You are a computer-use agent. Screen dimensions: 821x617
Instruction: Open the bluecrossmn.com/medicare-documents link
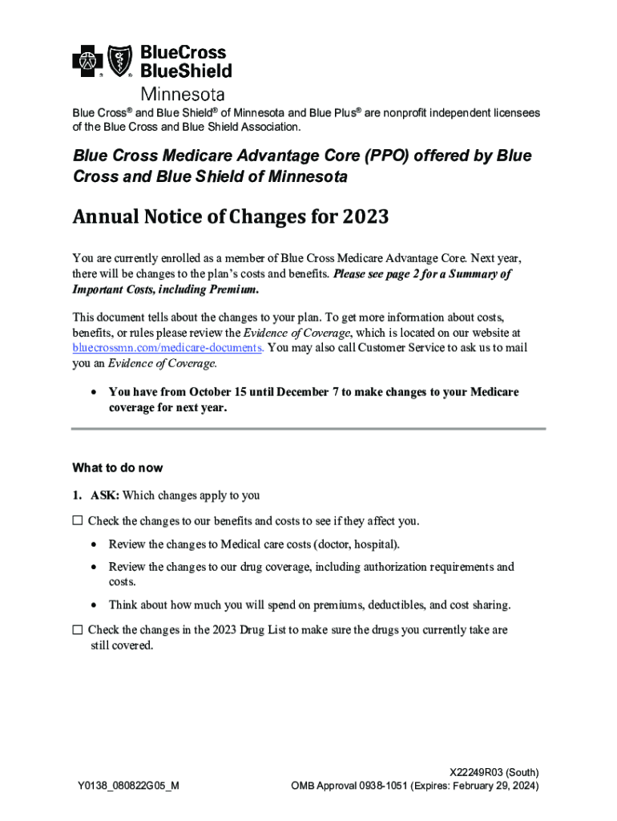[167, 347]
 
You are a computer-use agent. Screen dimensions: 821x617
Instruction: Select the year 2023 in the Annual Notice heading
[366, 217]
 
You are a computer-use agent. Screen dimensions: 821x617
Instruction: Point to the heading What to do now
[118, 467]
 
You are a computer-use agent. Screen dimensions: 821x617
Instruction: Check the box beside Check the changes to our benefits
[77, 520]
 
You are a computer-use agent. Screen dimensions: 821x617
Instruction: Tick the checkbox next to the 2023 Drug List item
[77, 630]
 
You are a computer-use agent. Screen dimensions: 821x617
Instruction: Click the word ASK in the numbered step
[105, 495]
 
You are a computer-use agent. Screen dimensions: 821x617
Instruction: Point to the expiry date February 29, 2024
[496, 786]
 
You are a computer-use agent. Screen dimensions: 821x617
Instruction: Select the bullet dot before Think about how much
[95, 605]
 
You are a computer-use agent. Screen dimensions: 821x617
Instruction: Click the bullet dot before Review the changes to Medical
[95, 545]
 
